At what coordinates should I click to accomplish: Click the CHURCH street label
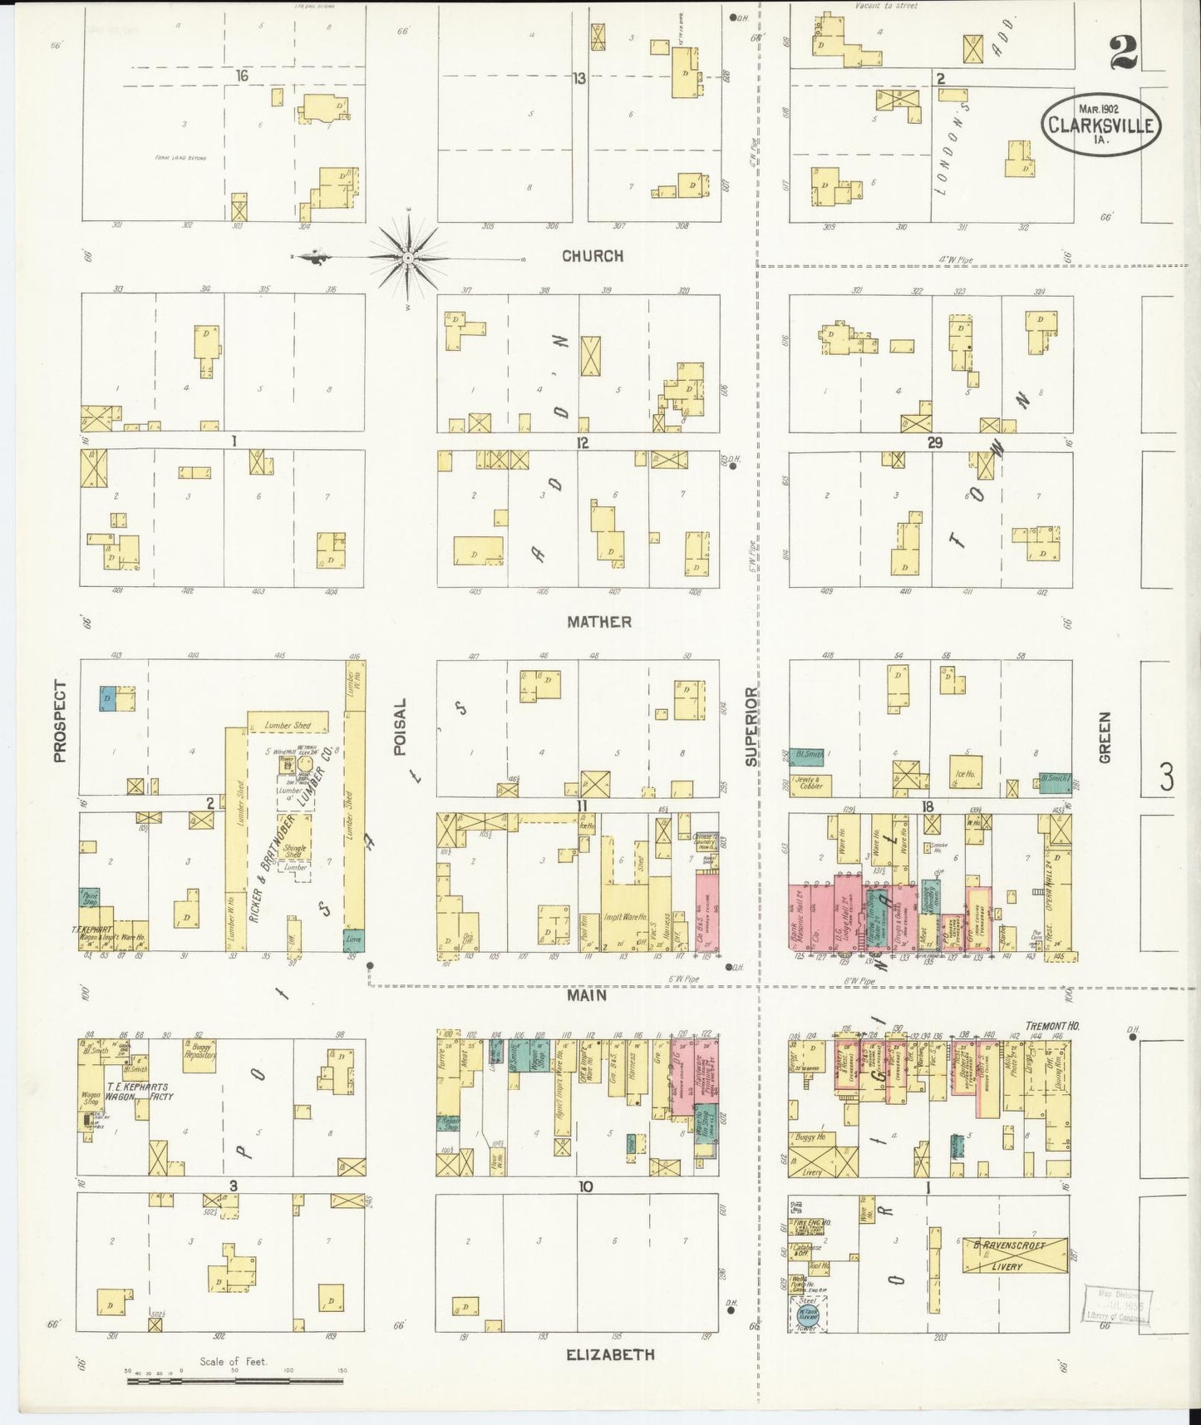593,256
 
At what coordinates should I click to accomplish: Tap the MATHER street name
598,622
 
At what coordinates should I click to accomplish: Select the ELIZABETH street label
610,1354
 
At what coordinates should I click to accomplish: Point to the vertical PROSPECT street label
60,721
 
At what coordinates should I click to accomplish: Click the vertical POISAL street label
400,727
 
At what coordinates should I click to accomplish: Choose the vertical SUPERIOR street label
751,726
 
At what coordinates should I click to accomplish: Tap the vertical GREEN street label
1105,737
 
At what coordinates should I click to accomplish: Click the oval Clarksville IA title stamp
1100,124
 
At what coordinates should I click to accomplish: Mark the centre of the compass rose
408,259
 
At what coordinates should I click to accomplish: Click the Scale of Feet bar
234,1381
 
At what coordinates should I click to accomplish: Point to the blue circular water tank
805,1313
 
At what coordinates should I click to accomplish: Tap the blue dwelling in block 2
108,698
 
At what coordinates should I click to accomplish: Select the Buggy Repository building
199,1053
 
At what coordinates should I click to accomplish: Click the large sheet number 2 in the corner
1122,53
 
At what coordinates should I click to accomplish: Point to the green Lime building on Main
353,940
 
